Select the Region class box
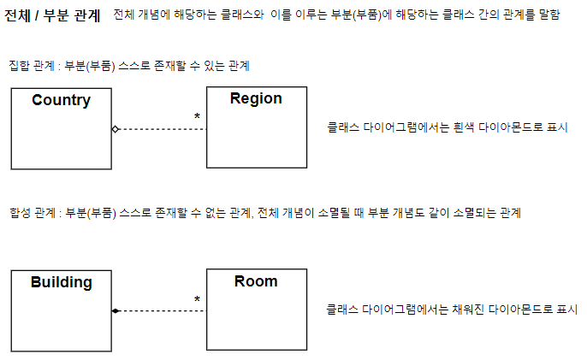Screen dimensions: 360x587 tap(256, 137)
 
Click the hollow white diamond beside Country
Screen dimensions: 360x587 tap(116, 129)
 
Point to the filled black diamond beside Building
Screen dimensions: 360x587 tap(116, 311)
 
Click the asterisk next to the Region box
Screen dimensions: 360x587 tap(197, 116)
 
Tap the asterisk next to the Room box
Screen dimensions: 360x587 tap(197, 299)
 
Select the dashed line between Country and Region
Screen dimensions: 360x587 tap(163, 129)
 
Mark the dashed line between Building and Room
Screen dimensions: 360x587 tap(163, 311)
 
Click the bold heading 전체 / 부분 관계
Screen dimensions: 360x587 tap(52, 16)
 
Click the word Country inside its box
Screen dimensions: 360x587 tap(61, 100)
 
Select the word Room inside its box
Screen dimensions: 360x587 tap(256, 281)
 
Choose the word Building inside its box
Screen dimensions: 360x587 tap(61, 282)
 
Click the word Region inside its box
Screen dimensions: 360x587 tap(256, 98)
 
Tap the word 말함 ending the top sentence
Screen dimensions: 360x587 tap(548, 16)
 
